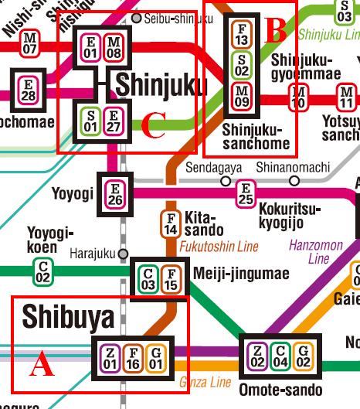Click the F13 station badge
pos(242,36)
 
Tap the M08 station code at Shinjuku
pos(114,47)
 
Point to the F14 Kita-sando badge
pos(172,224)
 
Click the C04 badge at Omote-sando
pos(282,358)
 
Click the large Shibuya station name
pos(68,316)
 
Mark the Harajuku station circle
pos(121,253)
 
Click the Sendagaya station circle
pos(225,181)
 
